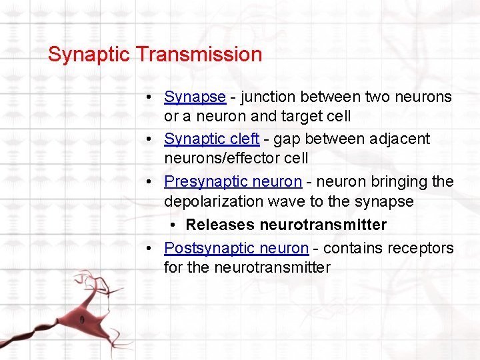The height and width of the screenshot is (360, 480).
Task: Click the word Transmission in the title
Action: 200,54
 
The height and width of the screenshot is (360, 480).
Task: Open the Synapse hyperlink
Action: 195,97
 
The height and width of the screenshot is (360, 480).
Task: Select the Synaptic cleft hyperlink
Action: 211,139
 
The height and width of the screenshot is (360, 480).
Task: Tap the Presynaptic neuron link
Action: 233,182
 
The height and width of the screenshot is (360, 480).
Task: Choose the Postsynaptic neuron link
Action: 236,249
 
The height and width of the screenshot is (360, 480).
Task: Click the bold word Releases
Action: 220,225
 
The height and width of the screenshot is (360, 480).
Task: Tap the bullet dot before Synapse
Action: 153,97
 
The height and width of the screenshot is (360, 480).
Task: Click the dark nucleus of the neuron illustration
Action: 82,319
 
